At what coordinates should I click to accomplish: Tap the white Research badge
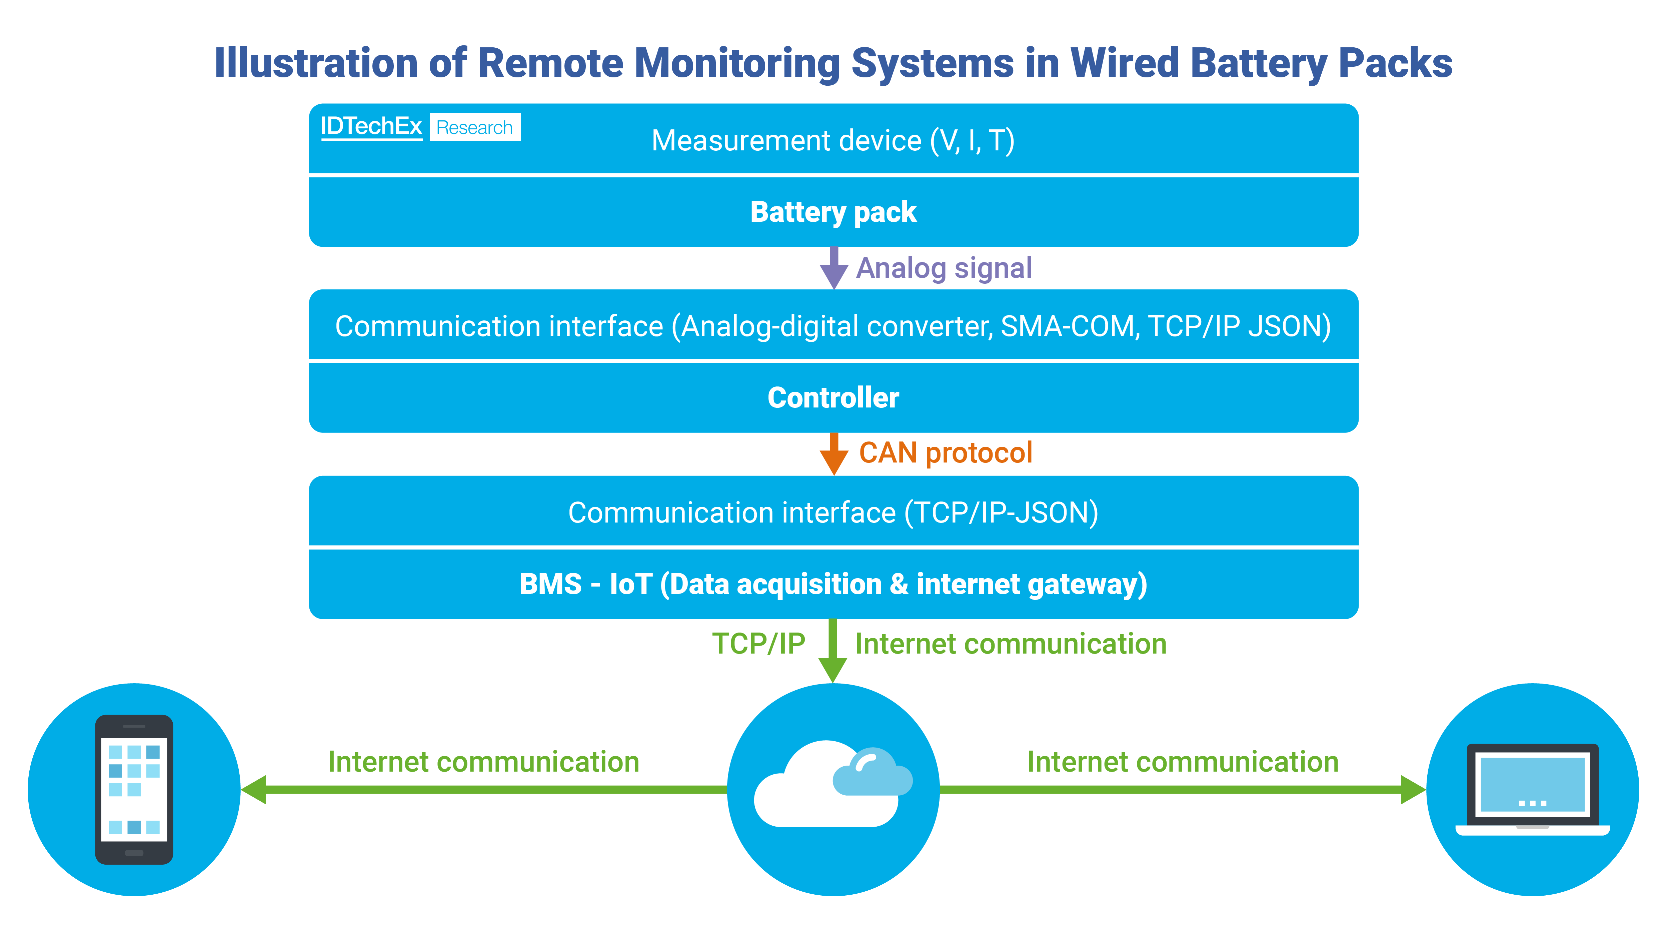(474, 127)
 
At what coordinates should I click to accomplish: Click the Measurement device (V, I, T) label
(833, 140)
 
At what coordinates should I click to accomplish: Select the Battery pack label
(833, 212)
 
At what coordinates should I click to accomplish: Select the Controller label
(833, 397)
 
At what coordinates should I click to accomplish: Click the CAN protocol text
(946, 452)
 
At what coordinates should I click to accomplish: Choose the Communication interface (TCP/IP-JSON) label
(833, 513)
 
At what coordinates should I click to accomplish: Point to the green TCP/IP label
(758, 644)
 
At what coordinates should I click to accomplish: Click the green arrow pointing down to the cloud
(833, 651)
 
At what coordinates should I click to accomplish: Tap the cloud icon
(833, 787)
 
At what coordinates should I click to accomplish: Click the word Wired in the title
(1124, 63)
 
